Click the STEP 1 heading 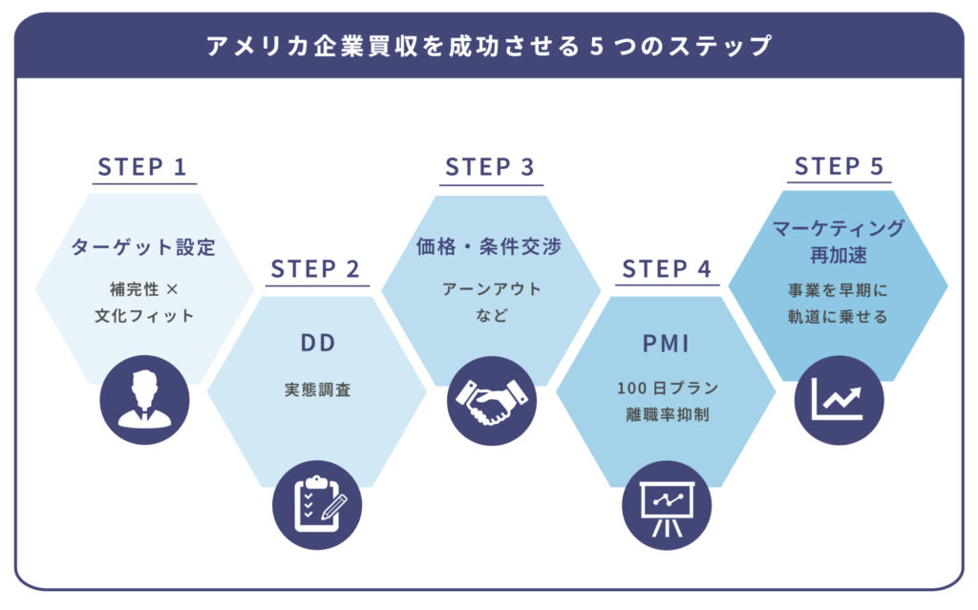(x=142, y=167)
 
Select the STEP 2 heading (x=315, y=269)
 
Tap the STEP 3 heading (x=490, y=167)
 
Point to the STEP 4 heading (x=667, y=269)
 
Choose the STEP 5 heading (x=840, y=166)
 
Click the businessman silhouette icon (x=144, y=399)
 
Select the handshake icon (x=491, y=400)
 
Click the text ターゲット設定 (x=143, y=247)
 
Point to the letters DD (x=317, y=343)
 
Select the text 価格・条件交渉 (x=490, y=246)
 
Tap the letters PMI (x=667, y=341)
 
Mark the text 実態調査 (x=317, y=389)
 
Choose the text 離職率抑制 (x=667, y=415)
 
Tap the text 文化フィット (x=143, y=315)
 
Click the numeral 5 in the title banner (x=595, y=46)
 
